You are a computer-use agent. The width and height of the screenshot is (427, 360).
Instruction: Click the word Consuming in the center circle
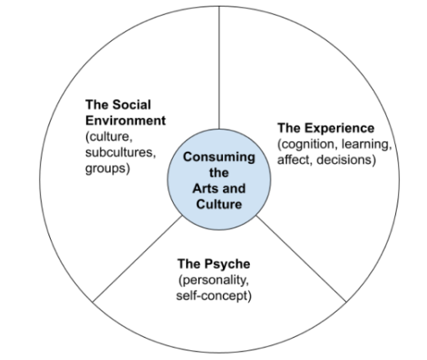coord(219,157)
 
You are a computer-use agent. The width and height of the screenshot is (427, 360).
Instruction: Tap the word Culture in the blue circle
coord(219,204)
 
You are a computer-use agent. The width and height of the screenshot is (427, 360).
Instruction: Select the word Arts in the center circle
coord(204,189)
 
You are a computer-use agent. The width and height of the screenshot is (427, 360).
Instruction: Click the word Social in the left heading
coord(132,105)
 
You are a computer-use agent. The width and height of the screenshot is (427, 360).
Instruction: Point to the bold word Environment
coord(125,121)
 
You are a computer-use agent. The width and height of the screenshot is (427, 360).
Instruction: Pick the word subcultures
coord(120,153)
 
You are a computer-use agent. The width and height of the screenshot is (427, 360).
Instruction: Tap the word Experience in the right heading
coord(343,129)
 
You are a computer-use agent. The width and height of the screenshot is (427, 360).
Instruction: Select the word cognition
coord(308,144)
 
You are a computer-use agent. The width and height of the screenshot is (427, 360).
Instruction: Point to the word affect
coord(294,160)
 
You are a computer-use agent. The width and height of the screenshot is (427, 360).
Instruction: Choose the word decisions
coord(344,160)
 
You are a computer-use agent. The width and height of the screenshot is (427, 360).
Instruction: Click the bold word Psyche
coord(227,264)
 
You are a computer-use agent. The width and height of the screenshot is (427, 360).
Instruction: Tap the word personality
coord(214,280)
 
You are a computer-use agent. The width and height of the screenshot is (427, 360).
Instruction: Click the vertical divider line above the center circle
coord(219,67)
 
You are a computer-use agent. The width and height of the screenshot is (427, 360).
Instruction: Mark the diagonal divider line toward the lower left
coord(138,259)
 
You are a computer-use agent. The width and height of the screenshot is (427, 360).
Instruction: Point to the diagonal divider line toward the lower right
coord(301,258)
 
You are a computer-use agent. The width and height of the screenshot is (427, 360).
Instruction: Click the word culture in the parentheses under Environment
coord(110,137)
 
